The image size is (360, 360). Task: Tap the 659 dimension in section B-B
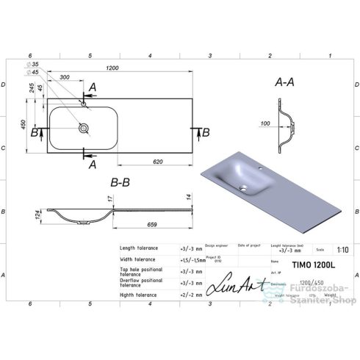click(x=152, y=223)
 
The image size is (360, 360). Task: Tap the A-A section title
click(x=285, y=84)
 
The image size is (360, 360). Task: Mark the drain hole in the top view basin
click(x=86, y=128)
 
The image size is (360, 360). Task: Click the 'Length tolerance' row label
click(x=139, y=248)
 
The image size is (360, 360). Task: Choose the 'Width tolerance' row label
click(x=137, y=259)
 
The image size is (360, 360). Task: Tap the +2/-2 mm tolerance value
click(x=189, y=295)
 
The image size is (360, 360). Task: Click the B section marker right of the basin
click(x=206, y=132)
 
